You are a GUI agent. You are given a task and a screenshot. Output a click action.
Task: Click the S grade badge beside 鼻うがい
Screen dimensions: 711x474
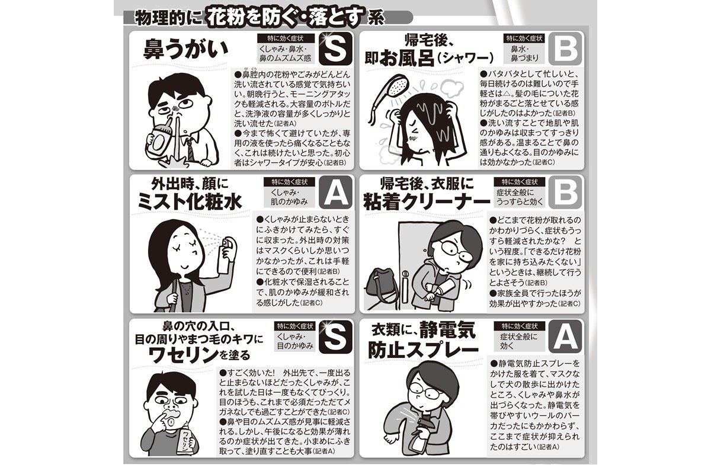335,49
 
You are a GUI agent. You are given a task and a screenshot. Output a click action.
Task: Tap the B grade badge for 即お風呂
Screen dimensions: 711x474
565,49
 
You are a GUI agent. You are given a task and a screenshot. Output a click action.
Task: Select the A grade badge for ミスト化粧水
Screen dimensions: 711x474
335,193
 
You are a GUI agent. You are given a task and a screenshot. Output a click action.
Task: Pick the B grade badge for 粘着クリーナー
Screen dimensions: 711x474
565,193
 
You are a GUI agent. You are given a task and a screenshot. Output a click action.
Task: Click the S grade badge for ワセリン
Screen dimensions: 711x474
335,337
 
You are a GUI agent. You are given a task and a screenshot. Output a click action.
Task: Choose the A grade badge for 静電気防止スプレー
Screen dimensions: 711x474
565,337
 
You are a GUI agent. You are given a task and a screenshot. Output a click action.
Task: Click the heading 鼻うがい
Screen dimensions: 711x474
185,49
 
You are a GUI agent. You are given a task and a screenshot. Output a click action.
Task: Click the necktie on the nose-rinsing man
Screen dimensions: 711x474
190,149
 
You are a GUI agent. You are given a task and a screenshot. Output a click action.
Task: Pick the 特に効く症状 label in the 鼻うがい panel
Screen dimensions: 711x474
286,39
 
